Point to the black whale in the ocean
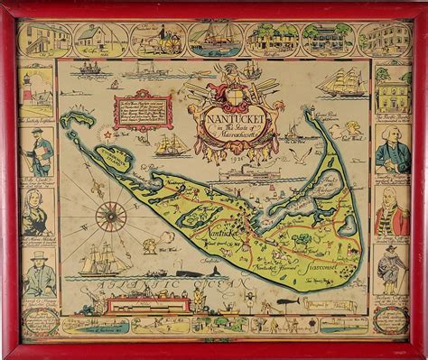pos(184,271)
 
